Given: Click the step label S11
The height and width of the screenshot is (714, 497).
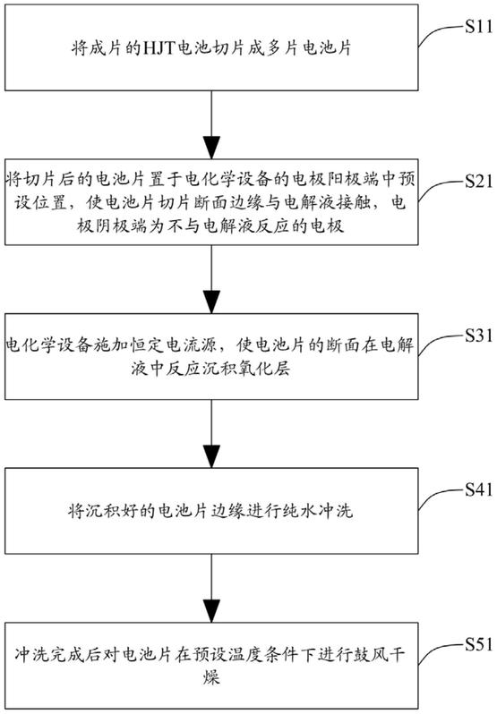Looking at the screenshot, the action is pyautogui.click(x=479, y=27).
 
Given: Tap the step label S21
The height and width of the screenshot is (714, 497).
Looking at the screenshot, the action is pyautogui.click(x=479, y=182).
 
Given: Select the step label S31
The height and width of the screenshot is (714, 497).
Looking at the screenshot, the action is pyautogui.click(x=479, y=336).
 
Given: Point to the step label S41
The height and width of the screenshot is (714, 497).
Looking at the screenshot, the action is pyautogui.click(x=479, y=489).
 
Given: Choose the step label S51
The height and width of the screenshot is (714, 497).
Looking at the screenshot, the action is pyautogui.click(x=479, y=644).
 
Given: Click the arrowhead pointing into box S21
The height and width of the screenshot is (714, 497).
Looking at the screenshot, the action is pyautogui.click(x=211, y=147).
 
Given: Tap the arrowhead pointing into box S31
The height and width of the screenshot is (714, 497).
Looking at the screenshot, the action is pyautogui.click(x=211, y=302).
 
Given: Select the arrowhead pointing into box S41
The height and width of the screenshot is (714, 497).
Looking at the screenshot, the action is pyautogui.click(x=211, y=455).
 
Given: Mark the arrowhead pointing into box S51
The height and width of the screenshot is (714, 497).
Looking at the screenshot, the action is pyautogui.click(x=211, y=610).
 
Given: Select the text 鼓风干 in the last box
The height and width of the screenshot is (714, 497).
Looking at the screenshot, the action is pyautogui.click(x=380, y=655).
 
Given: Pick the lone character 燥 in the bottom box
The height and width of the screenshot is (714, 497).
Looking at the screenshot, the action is pyautogui.click(x=211, y=677).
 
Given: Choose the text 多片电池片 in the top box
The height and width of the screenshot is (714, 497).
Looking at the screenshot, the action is pyautogui.click(x=308, y=47).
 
